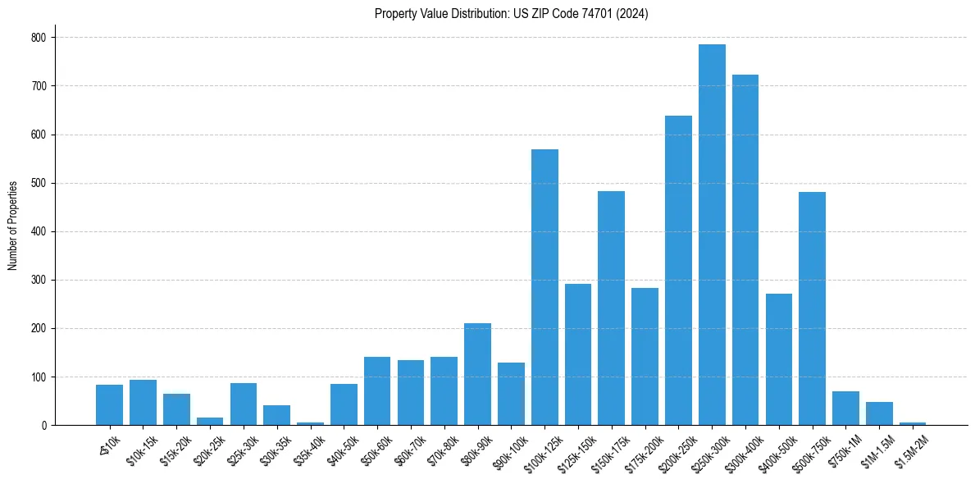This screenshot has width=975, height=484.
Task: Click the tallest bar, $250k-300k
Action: click(712, 235)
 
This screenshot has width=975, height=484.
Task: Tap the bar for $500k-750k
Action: click(812, 308)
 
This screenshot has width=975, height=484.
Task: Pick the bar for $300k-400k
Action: click(745, 250)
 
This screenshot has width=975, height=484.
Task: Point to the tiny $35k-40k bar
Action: click(310, 423)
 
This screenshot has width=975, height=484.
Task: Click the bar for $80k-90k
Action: click(477, 374)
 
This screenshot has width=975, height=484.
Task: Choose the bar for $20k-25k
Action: click(210, 422)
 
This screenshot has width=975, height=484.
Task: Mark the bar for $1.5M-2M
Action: click(912, 423)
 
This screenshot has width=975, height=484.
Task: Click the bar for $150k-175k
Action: click(611, 308)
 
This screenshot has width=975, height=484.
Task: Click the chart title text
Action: click(511, 14)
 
